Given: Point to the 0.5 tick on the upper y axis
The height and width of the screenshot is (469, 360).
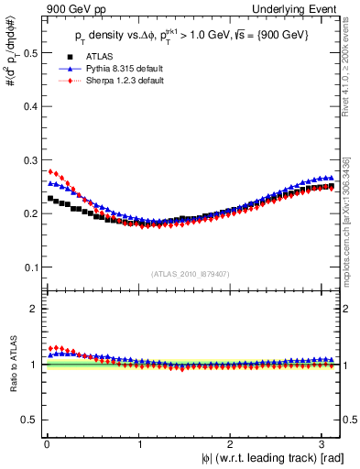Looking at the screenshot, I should click(x=30, y=53).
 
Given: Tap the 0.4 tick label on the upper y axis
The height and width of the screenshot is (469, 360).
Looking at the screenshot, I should click(x=30, y=106).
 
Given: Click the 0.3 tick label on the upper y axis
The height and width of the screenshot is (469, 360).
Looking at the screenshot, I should click(x=30, y=160).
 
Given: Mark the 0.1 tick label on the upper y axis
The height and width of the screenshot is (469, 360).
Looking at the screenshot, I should click(x=30, y=267).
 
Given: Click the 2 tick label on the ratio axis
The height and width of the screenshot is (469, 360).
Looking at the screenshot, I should click(x=35, y=309).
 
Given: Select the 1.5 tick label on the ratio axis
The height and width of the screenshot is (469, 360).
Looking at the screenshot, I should click(x=30, y=336).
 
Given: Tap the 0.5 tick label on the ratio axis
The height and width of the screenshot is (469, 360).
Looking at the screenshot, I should click(x=30, y=420).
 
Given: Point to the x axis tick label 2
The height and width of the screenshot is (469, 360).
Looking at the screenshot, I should click(x=230, y=444).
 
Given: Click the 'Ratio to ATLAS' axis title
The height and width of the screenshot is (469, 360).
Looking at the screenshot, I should click(x=12, y=364).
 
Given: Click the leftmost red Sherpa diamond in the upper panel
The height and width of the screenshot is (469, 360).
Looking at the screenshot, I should click(x=50, y=171).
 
